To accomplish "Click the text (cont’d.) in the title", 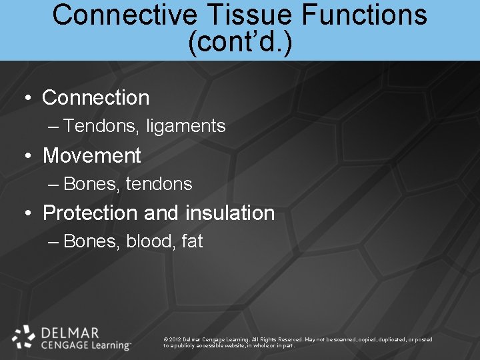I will pyautogui.click(x=240, y=42).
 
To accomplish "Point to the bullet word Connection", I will pyautogui.click(x=96, y=97).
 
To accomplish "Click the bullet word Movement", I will pyautogui.click(x=92, y=155).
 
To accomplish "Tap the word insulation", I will pyautogui.click(x=230, y=213).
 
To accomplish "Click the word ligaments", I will pyautogui.click(x=187, y=126).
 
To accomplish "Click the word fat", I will pyautogui.click(x=192, y=241).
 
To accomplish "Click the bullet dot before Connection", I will pyautogui.click(x=28, y=99).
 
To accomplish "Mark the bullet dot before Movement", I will pyautogui.click(x=28, y=157).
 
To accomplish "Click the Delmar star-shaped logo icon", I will pyautogui.click(x=23, y=337).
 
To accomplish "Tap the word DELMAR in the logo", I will pyautogui.click(x=70, y=332).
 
